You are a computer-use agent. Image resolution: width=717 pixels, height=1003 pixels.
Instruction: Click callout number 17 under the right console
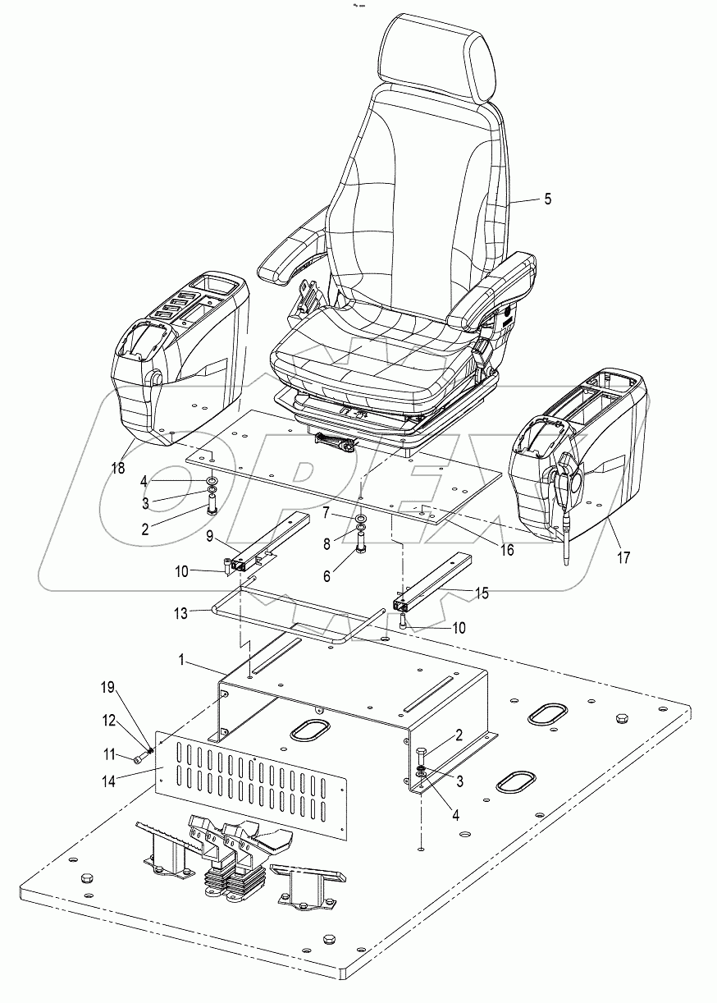[623, 558]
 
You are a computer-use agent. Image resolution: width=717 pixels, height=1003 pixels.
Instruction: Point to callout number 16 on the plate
[507, 551]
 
